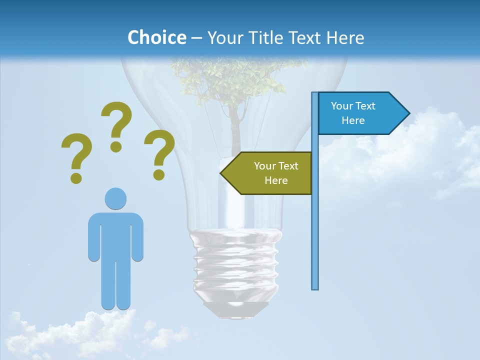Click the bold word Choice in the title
pyautogui.click(x=156, y=37)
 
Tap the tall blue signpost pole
pyautogui.click(x=315, y=210)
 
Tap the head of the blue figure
pyautogui.click(x=115, y=198)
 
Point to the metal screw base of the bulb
pyautogui.click(x=235, y=265)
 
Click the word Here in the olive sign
pyautogui.click(x=276, y=180)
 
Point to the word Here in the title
pyautogui.click(x=345, y=37)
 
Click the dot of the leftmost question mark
pyautogui.click(x=76, y=177)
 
